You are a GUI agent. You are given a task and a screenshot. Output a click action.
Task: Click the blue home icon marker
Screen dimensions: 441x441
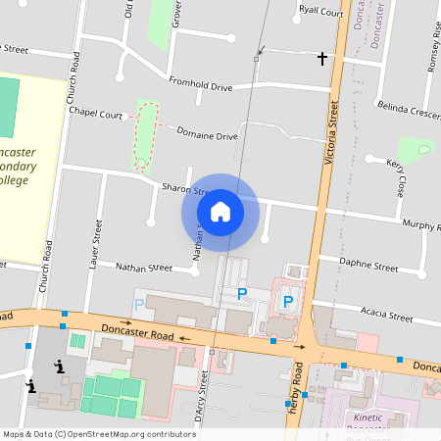tap(220, 211)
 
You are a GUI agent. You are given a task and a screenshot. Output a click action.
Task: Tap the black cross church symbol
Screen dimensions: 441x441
tap(322, 59)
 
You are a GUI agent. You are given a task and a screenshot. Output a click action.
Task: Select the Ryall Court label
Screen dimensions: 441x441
tap(320, 12)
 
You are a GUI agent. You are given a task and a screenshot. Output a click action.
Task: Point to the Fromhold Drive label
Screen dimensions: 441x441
tap(200, 84)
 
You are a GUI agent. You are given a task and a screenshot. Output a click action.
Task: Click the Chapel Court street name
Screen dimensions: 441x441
tap(95, 113)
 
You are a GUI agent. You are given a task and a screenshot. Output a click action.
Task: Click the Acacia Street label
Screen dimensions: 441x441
tap(386, 315)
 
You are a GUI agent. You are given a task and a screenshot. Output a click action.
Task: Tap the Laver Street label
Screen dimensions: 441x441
tap(96, 244)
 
